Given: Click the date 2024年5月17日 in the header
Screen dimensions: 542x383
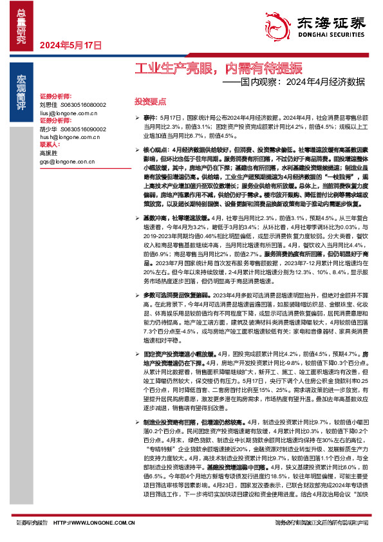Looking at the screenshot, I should click(71, 46).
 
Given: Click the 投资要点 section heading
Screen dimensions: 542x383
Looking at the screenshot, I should click(149, 102).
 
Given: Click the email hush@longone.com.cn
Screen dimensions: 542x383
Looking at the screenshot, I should click(68, 137).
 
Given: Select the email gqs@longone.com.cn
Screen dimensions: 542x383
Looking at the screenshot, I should click(67, 162).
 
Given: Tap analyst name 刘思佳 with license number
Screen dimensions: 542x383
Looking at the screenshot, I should click(73, 104).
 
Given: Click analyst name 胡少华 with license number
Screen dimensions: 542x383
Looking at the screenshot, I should click(73, 129).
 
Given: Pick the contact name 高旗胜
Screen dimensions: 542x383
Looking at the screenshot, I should click(49, 154).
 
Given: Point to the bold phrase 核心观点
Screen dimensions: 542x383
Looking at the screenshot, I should click(156, 149).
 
